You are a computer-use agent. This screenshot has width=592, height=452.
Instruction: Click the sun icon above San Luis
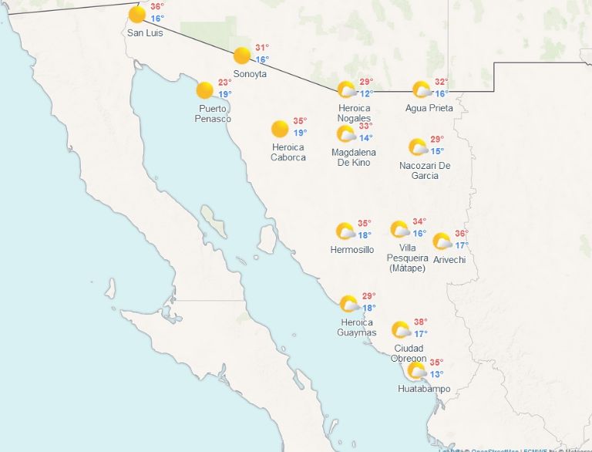coord(137,14)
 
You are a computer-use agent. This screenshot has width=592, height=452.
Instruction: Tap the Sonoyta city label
coord(250,73)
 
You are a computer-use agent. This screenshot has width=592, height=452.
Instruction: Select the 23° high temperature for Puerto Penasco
coord(224,83)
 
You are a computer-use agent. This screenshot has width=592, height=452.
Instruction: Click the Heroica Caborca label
coord(288,152)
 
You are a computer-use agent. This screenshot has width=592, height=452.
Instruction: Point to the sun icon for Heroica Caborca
coord(280,129)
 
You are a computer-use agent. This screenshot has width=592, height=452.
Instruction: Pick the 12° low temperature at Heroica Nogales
coord(366,93)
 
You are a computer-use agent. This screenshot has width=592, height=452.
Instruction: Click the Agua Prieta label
coord(429,108)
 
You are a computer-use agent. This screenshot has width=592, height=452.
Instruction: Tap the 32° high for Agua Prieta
coord(441,82)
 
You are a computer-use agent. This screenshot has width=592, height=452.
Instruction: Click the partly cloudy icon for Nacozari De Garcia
coord(418,147)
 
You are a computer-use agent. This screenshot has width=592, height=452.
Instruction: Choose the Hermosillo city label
coord(351,250)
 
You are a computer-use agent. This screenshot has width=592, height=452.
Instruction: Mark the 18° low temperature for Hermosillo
coord(365,235)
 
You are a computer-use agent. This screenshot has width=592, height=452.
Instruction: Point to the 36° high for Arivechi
coord(461,234)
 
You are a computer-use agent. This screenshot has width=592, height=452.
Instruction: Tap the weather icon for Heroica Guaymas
coord(348,303)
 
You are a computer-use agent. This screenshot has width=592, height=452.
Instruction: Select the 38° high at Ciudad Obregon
coord(420,322)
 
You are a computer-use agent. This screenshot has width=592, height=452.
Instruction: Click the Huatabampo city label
coord(424,389)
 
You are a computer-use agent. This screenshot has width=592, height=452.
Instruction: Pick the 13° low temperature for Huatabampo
coord(436,375)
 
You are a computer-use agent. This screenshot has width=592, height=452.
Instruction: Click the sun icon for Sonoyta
coord(242,56)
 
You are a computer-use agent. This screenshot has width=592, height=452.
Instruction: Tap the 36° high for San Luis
coord(157,6)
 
